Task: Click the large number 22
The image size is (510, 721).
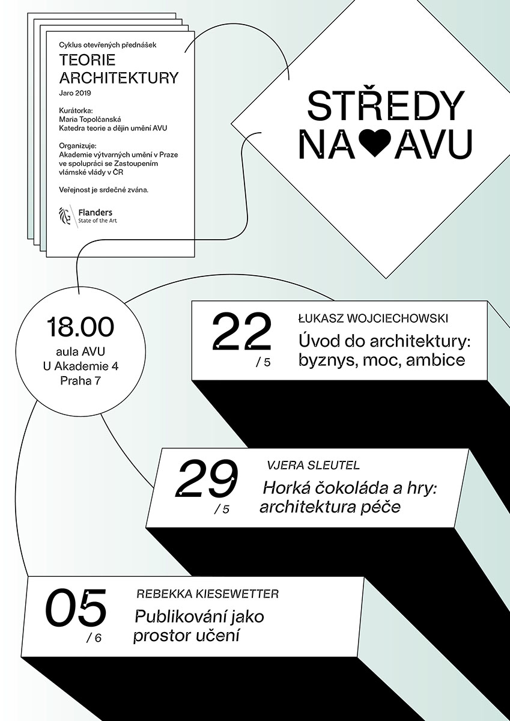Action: click(x=241, y=332)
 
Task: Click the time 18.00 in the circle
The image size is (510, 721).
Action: click(x=80, y=329)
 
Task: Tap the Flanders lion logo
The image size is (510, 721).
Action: click(x=64, y=215)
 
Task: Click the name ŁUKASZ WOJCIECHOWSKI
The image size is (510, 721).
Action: click(x=373, y=318)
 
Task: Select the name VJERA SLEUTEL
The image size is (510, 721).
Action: click(x=312, y=466)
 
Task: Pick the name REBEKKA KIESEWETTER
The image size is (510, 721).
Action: click(x=208, y=595)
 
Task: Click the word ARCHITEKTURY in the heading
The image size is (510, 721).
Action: click(x=119, y=78)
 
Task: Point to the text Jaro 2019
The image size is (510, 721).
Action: click(x=74, y=93)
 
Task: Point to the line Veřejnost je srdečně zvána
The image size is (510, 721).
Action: click(x=103, y=190)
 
